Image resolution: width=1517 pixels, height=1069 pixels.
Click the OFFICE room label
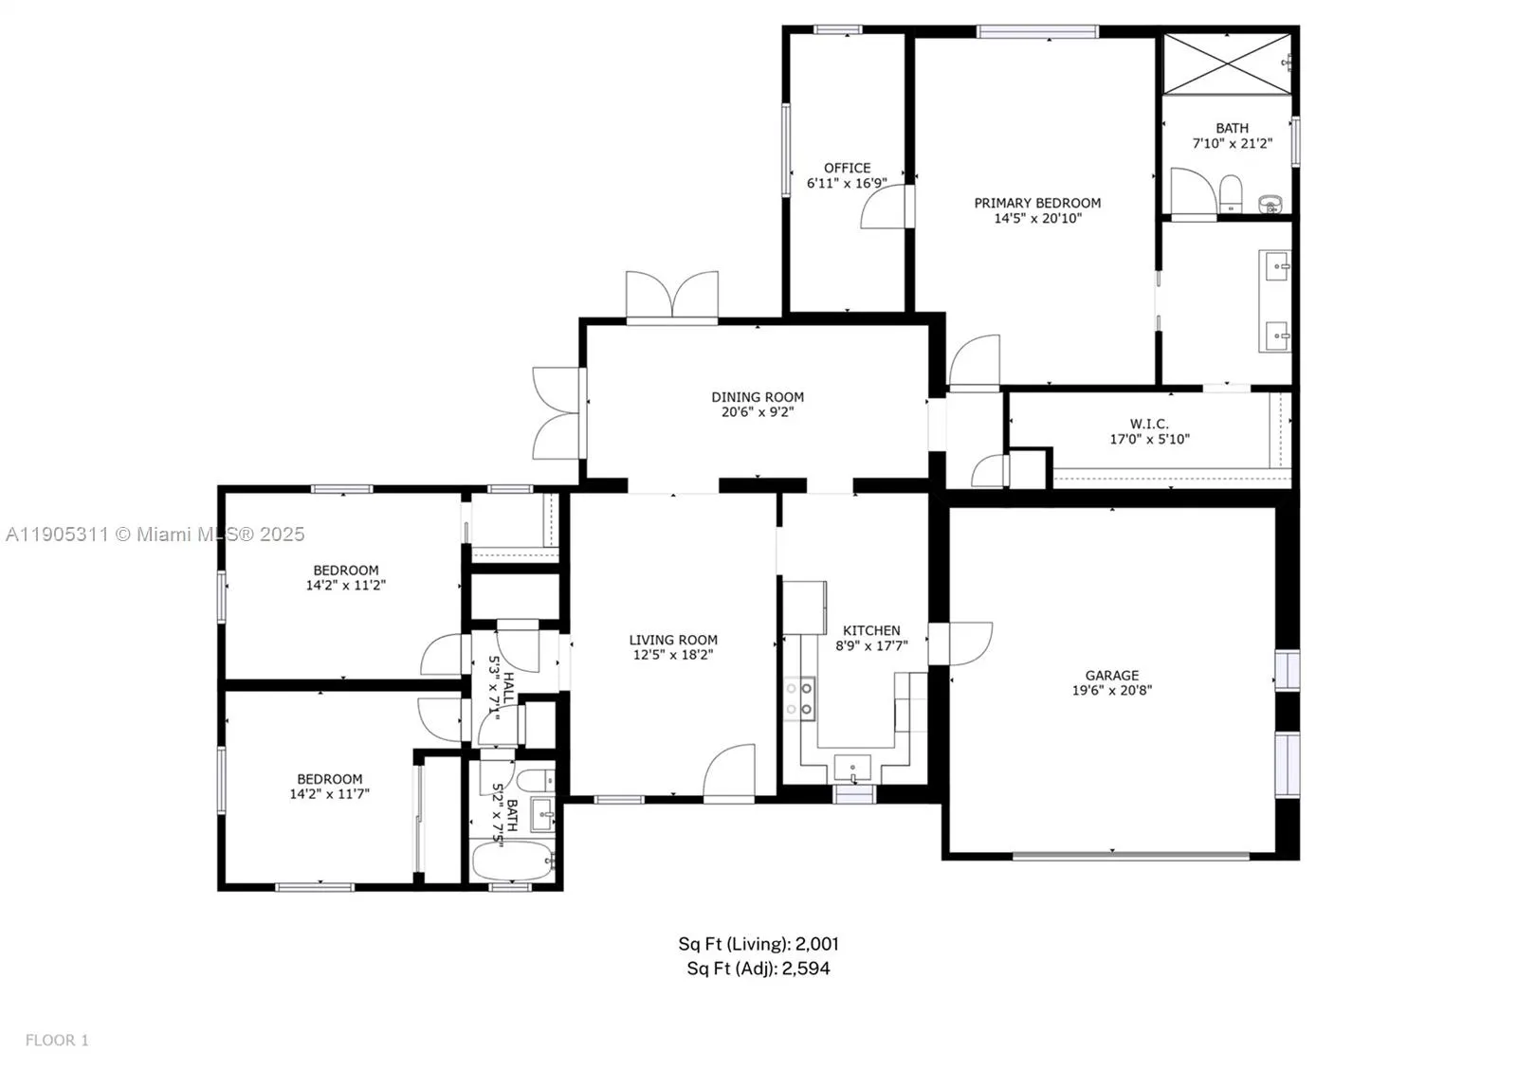[x=847, y=168]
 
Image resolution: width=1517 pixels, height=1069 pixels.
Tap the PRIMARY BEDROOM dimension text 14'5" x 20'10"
[x=1037, y=218]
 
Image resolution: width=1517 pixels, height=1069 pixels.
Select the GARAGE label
[x=1111, y=675]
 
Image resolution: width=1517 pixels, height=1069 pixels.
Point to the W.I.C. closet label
[x=1149, y=424]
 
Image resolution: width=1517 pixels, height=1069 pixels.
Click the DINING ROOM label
[x=758, y=397]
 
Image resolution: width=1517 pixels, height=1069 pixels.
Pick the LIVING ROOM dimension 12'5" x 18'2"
[x=673, y=655]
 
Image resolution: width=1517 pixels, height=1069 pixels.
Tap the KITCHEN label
[x=871, y=630]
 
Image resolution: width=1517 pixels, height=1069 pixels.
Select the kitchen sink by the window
[x=852, y=766]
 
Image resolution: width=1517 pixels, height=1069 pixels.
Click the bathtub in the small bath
[x=512, y=861]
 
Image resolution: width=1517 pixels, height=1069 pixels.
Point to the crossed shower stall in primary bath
[x=1227, y=63]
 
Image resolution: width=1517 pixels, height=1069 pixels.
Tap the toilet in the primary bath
[x=1231, y=193]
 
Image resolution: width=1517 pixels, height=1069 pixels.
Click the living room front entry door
[x=730, y=770]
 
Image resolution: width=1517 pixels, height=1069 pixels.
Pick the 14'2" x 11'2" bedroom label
[x=345, y=577]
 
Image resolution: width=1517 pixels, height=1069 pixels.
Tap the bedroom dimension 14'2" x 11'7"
[x=329, y=794]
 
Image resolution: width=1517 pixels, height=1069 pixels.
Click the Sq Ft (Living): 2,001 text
[x=758, y=944]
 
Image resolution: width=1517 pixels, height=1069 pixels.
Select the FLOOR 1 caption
[x=57, y=1040]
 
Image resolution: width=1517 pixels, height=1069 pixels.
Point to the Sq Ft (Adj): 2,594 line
[x=758, y=969]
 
